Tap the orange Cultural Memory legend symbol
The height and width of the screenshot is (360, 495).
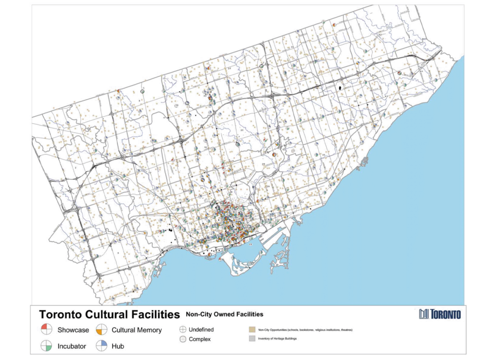102,330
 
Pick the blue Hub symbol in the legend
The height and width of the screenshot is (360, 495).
102,346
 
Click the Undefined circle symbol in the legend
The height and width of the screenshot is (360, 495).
183,330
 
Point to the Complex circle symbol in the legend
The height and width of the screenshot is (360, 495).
183,339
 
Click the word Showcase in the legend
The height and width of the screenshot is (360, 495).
73,330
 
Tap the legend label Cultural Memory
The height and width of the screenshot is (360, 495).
136,330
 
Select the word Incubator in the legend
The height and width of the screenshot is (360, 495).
72,346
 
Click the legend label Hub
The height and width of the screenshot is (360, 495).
118,346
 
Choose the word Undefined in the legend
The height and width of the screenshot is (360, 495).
201,330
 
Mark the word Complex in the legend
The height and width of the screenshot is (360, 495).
200,339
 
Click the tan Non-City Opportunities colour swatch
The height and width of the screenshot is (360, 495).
252,330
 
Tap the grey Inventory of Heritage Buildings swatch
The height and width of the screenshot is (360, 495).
252,339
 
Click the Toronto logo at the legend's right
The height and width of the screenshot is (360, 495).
440,314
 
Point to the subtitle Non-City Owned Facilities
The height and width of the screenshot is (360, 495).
224,314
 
